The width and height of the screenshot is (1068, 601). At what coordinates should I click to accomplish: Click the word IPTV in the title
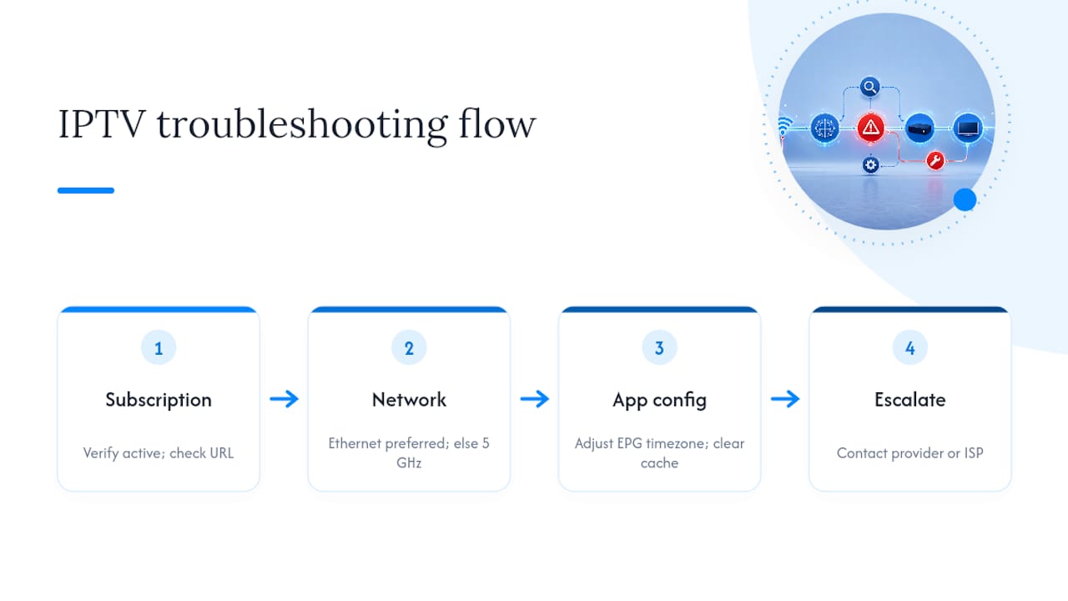[102, 124]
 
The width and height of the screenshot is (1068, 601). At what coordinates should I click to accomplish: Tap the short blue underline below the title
[86, 190]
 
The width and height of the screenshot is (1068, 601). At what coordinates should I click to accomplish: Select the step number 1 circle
[159, 348]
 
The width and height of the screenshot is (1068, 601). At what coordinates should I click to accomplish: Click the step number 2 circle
[409, 348]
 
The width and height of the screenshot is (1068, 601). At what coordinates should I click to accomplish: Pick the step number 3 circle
[659, 348]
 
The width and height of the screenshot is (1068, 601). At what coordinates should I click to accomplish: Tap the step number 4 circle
[910, 348]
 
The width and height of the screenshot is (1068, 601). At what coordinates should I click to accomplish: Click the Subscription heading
[159, 400]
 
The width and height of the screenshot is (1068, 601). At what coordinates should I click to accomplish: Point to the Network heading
[409, 400]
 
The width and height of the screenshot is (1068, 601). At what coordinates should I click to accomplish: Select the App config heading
[659, 401]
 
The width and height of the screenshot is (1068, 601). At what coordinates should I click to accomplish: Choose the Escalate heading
[910, 400]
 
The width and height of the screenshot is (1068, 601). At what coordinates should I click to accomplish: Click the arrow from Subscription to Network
[285, 399]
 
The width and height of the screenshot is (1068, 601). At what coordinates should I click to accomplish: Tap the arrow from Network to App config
[535, 399]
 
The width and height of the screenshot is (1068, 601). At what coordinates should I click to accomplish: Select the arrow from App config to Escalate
[785, 399]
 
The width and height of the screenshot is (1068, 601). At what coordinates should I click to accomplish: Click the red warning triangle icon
[870, 128]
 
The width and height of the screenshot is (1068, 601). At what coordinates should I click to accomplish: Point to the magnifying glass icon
[870, 88]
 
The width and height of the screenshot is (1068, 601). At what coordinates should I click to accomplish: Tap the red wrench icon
[935, 161]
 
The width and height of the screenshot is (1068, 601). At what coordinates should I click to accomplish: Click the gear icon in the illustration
[870, 165]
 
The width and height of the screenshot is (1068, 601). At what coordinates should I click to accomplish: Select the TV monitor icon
[967, 128]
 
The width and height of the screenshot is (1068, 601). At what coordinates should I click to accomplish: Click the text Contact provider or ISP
[910, 453]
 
